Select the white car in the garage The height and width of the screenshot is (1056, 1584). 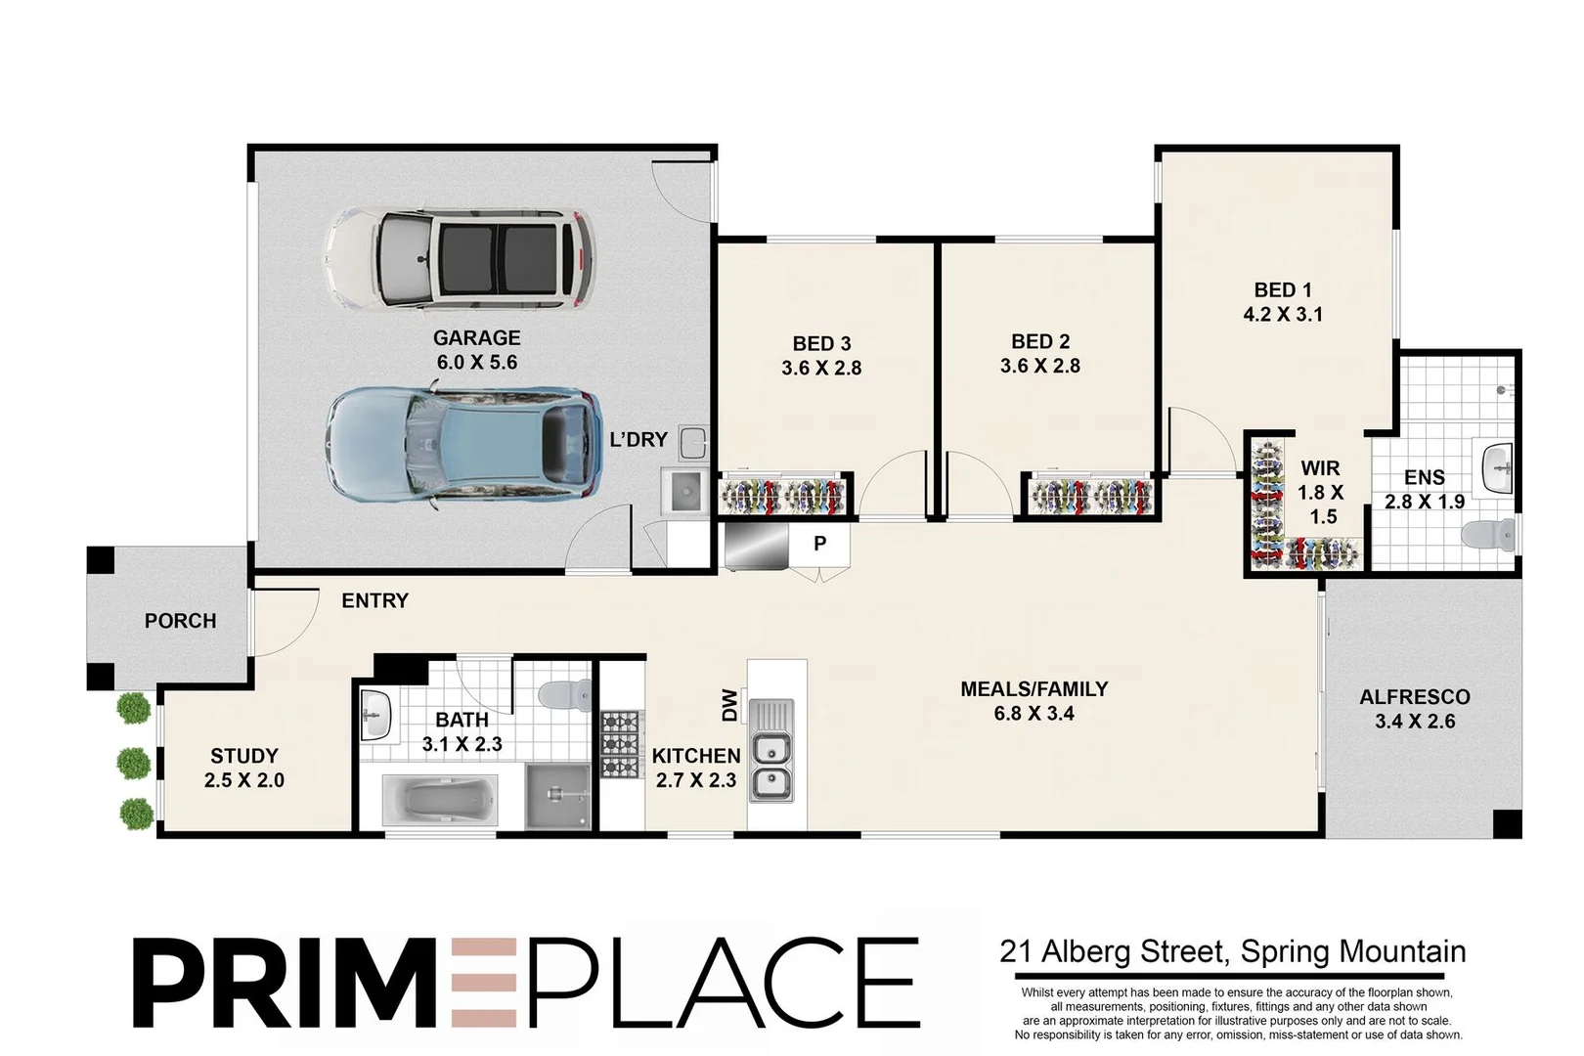[x=461, y=259]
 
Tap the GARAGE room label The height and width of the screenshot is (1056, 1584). [x=476, y=338]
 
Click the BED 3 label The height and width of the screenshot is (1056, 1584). [x=821, y=344]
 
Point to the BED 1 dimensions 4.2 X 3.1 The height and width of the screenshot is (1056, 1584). [x=1283, y=314]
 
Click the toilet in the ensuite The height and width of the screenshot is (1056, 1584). [x=1487, y=535]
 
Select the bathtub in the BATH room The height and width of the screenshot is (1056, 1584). [x=440, y=800]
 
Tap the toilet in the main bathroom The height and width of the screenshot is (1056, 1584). [x=565, y=694]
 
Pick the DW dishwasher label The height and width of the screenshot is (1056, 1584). [x=729, y=705]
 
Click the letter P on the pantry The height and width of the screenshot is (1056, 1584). [x=819, y=544]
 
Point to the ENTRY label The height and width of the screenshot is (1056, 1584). [x=374, y=600]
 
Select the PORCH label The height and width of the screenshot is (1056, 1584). [x=180, y=621]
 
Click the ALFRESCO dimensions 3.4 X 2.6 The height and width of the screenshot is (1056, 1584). [x=1415, y=722]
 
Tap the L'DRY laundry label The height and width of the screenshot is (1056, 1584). [x=638, y=440]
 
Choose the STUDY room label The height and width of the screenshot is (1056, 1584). [x=244, y=756]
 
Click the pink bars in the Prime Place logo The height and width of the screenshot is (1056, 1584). [x=484, y=983]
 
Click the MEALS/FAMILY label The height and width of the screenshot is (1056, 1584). [x=1034, y=689]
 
